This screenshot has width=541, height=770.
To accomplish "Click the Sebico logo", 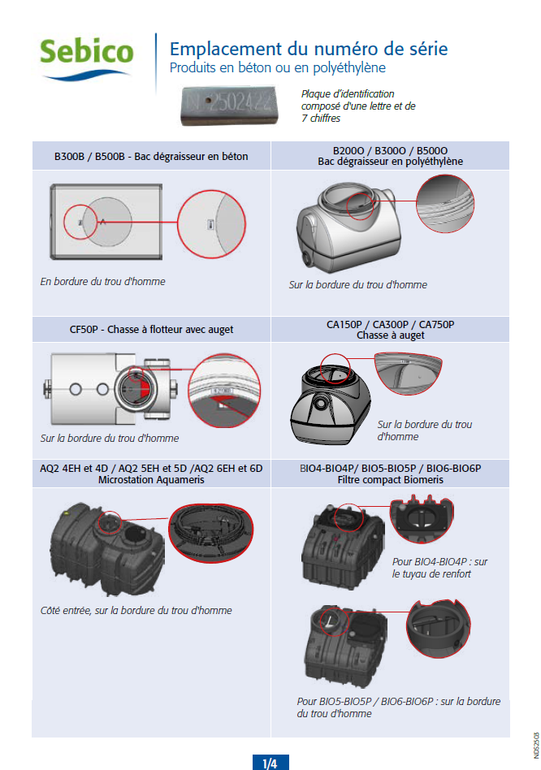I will [87, 55].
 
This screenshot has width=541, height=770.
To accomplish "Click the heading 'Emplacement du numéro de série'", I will [308, 48].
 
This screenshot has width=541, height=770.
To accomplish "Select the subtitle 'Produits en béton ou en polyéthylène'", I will [277, 67].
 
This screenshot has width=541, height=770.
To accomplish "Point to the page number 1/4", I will [270, 763].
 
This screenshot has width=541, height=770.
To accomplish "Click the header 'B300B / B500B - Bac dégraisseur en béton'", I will [151, 156].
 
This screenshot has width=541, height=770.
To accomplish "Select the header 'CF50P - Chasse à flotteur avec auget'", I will [151, 329].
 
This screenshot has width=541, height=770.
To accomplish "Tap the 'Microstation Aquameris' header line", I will [151, 479].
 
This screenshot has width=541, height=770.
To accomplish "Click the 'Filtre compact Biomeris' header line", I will [390, 479].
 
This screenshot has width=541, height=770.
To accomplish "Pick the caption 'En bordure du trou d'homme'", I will [102, 282].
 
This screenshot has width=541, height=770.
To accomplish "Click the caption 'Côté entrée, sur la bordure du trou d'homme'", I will [136, 610].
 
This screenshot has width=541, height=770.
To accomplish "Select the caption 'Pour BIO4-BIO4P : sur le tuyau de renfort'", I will [439, 568].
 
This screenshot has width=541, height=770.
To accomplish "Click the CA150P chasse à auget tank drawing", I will [331, 398].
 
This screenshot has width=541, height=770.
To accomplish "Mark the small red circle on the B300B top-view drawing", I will [80, 221].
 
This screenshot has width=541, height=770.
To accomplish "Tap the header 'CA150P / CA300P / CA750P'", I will [390, 324].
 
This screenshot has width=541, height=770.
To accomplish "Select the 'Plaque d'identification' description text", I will [358, 106].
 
